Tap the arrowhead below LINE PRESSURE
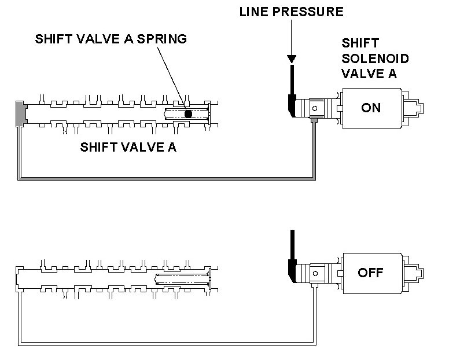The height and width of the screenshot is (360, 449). click(x=292, y=59)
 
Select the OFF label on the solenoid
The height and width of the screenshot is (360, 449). click(x=371, y=272)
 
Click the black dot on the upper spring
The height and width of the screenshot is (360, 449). click(x=188, y=114)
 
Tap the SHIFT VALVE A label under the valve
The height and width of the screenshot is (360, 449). click(x=128, y=148)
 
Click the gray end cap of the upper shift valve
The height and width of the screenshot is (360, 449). click(x=20, y=111)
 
